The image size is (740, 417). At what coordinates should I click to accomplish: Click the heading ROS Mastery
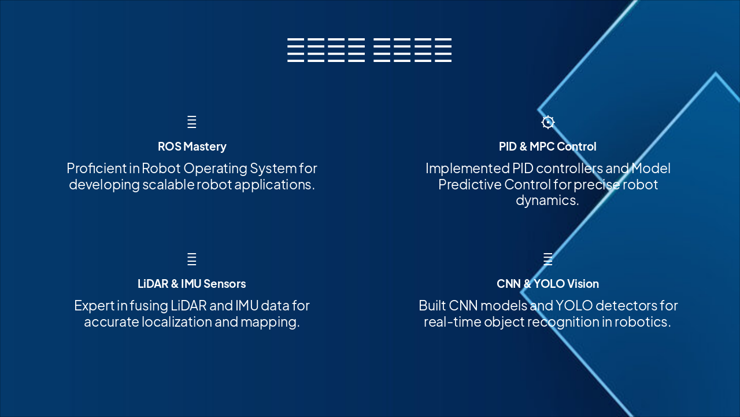coord(192,147)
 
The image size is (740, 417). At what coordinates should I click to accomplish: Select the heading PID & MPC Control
coord(547,147)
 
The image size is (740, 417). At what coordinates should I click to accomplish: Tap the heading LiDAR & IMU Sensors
coord(192,284)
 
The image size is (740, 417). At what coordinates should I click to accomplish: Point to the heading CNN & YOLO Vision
coord(547,284)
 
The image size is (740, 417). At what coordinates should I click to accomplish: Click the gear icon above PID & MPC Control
coord(547,122)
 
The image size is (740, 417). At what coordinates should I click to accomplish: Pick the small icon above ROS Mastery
coord(192,122)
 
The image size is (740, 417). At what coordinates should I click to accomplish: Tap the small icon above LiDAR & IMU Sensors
coord(192,259)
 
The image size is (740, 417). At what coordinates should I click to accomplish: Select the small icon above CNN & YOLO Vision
coord(547,259)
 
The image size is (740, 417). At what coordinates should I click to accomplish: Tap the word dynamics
coord(547,200)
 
